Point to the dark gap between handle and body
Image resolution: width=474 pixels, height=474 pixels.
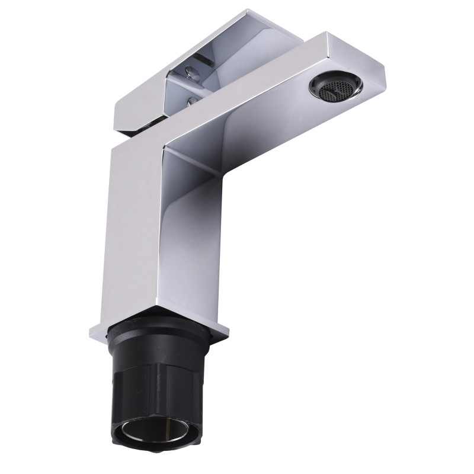pyautogui.click(x=148, y=127)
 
